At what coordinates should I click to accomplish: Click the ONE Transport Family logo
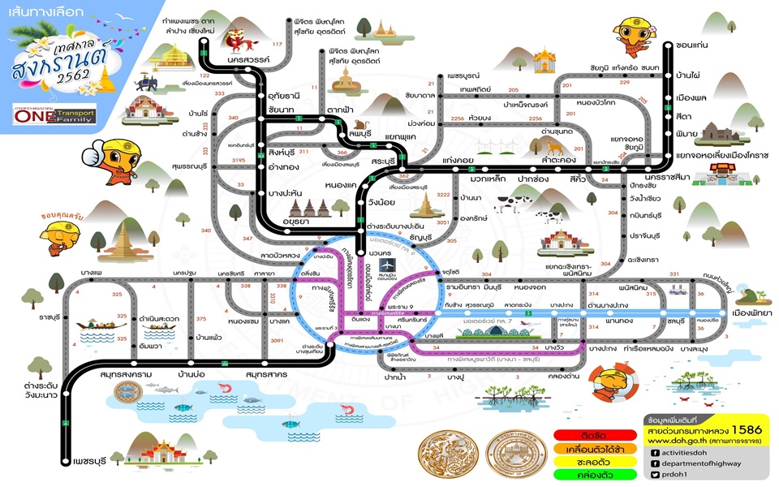(54, 115)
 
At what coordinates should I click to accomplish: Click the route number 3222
(443, 195)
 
